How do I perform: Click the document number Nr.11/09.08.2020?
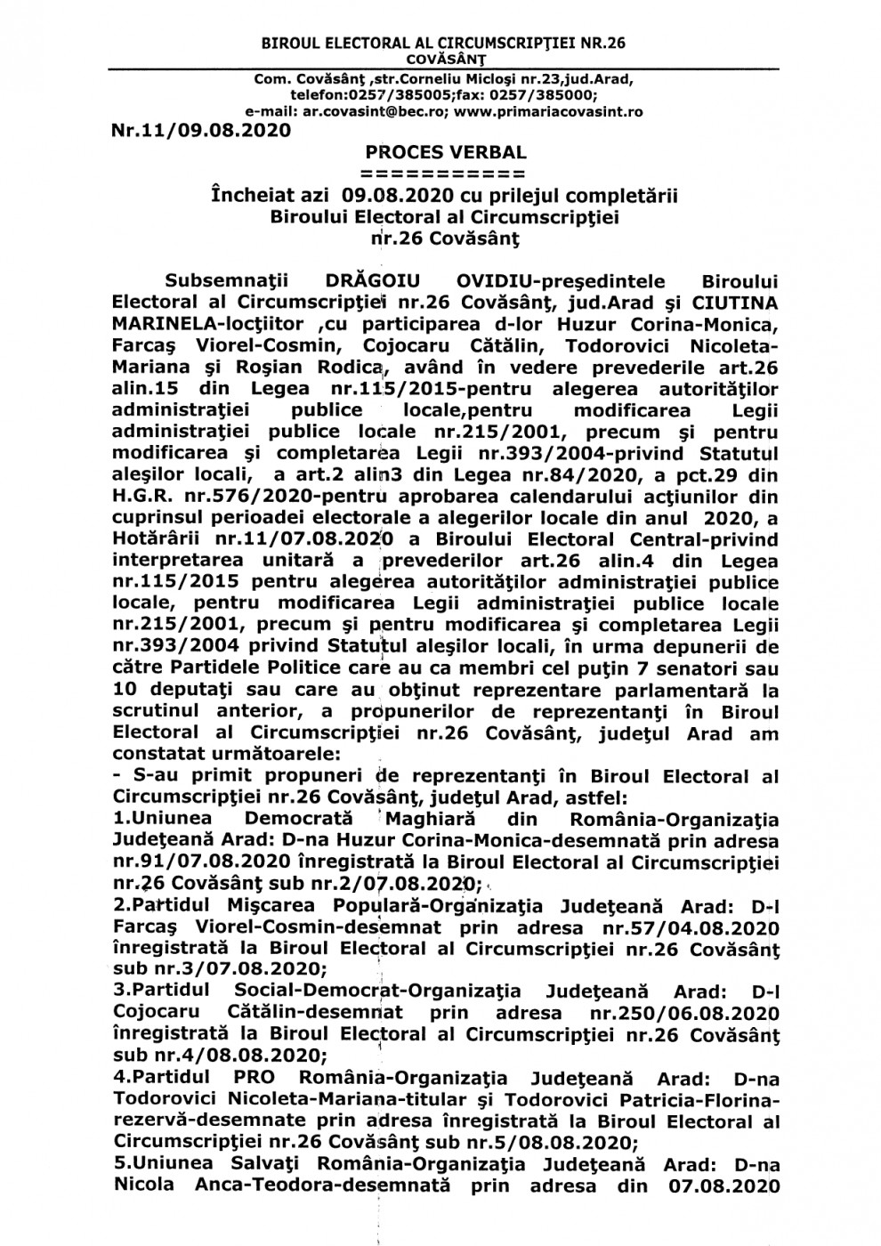tap(202, 131)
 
